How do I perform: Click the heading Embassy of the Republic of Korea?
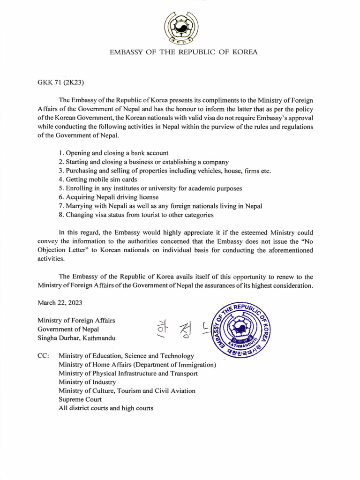pos(183,52)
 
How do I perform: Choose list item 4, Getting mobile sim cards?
pos(98,180)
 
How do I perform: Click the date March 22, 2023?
pos(60,303)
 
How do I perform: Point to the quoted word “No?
pos(306,241)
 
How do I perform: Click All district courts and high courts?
pos(105,408)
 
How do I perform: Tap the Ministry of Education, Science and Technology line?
pos(126,356)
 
